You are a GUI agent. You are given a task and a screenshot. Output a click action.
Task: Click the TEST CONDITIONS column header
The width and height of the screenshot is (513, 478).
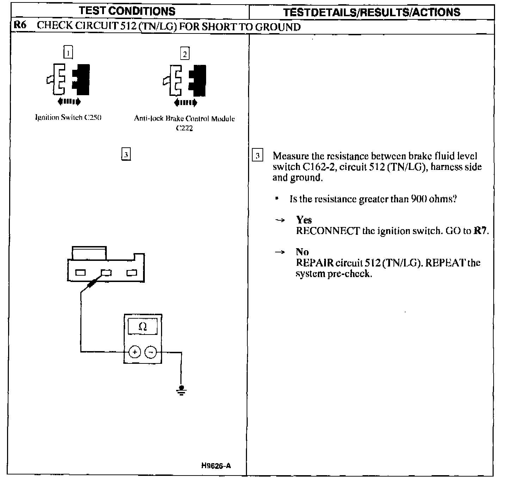[127, 11]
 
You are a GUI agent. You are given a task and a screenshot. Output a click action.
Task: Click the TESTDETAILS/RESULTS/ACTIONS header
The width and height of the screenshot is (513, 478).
[372, 12]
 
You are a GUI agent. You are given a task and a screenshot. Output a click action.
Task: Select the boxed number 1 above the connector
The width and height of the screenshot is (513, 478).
[68, 53]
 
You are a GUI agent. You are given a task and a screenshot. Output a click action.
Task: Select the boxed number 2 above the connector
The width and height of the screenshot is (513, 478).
[185, 54]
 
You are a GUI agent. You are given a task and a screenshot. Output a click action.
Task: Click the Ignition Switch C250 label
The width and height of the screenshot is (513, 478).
[68, 118]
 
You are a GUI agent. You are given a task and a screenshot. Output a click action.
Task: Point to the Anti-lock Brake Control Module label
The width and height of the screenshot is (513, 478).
[184, 119]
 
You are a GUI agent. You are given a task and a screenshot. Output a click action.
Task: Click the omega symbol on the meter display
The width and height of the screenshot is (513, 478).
[142, 327]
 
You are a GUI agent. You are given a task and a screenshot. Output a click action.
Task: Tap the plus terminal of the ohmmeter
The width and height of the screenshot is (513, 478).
[135, 352]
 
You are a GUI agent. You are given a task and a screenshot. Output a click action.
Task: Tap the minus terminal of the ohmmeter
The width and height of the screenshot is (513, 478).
[151, 352]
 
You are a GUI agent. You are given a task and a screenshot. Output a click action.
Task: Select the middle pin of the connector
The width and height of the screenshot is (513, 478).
[106, 272]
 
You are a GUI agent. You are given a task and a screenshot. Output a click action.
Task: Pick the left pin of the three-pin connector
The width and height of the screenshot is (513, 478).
[81, 272]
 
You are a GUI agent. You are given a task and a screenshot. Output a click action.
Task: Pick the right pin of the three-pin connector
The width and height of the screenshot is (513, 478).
[131, 272]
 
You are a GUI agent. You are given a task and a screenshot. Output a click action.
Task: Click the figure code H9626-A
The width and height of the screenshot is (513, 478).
[216, 466]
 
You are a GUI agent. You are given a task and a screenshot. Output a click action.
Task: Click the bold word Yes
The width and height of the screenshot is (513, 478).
[304, 220]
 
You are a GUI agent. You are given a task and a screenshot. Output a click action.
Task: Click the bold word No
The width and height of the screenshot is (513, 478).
[302, 252]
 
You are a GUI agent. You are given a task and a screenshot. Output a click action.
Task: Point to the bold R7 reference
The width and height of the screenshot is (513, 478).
[480, 231]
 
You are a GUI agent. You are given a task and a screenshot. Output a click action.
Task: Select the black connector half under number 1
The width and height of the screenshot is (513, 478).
[82, 80]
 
